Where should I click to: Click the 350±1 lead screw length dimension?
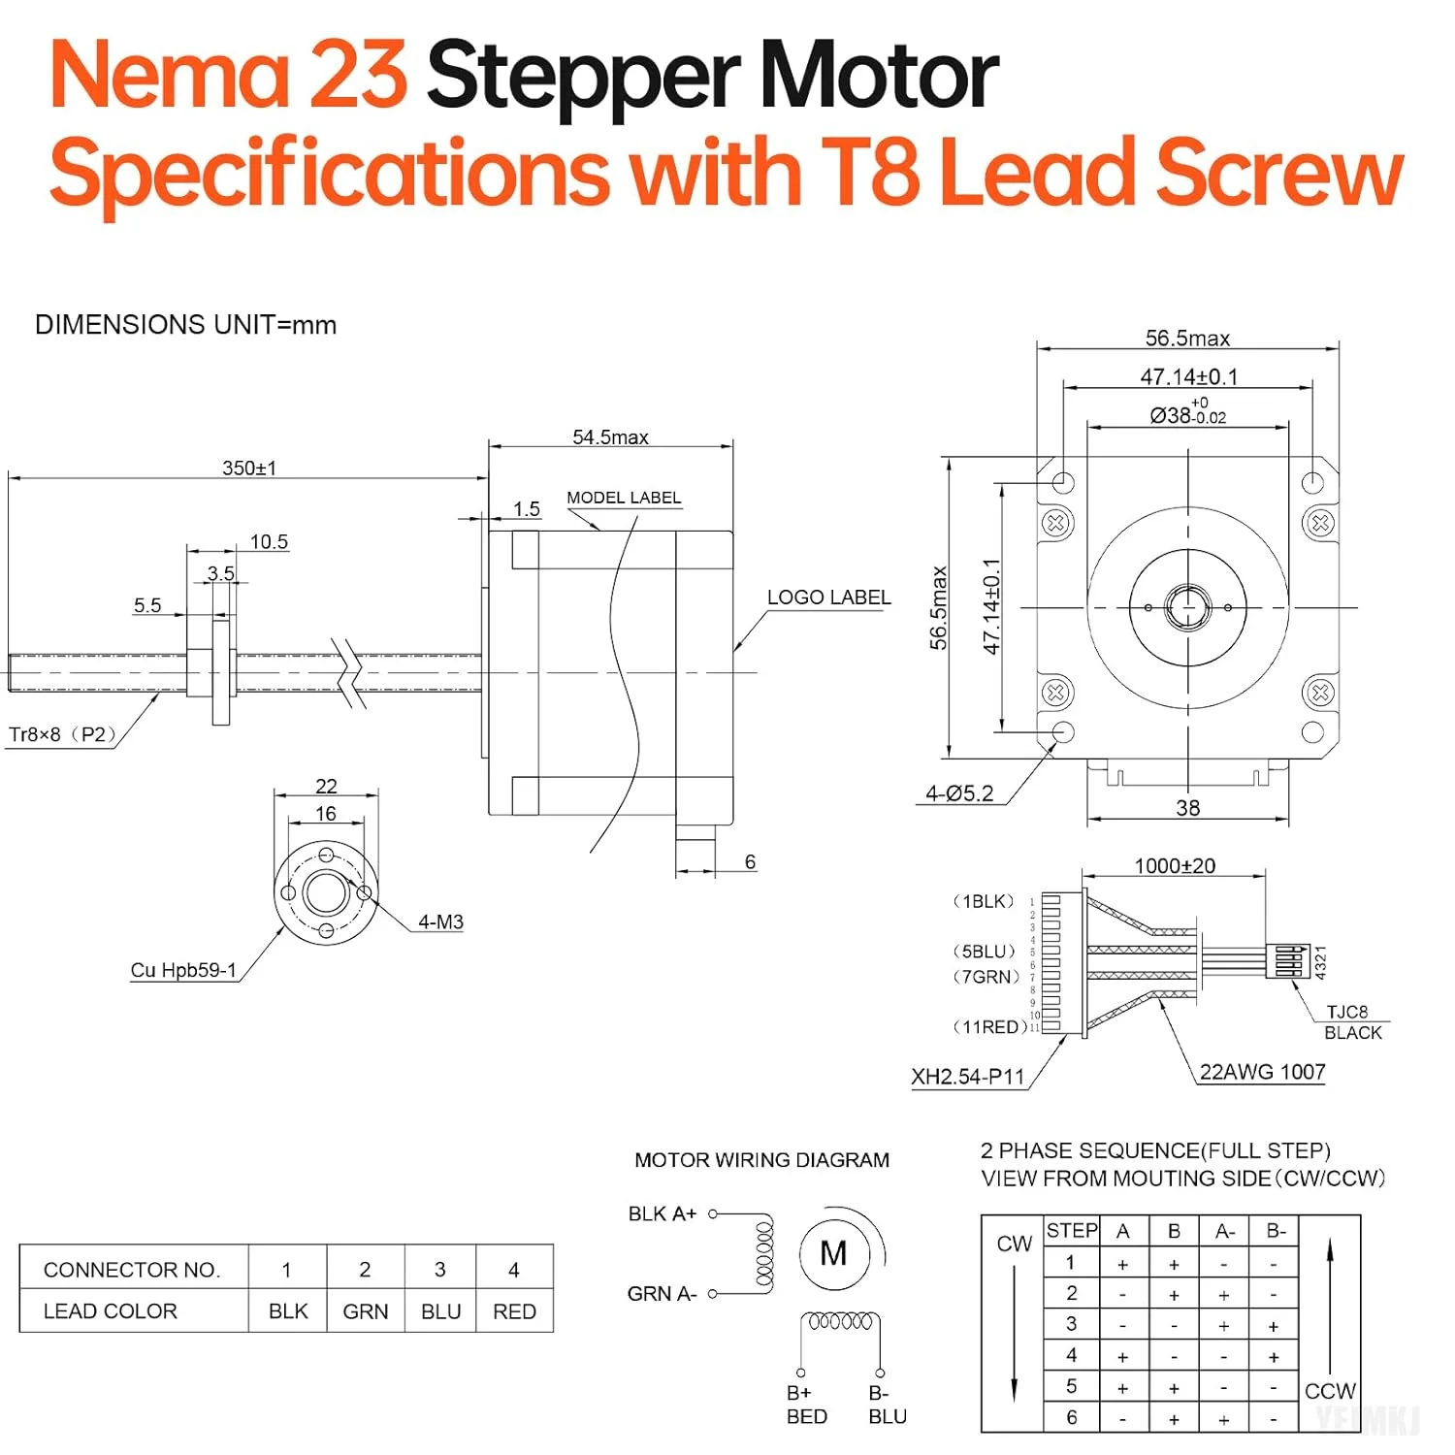249,468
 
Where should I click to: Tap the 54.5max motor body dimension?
610,436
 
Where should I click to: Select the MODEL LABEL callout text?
624,498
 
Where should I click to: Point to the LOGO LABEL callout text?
828,598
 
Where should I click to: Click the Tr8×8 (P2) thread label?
62,734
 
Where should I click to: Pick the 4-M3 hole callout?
440,921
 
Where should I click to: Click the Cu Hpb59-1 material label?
183,970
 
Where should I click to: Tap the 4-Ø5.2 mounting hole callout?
959,793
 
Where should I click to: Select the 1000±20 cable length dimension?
1175,866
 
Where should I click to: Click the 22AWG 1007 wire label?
1262,1072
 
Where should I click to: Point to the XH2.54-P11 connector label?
967,1077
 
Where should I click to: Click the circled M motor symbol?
833,1254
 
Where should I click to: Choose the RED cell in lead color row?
514,1311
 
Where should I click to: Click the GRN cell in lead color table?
365,1311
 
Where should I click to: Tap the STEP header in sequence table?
1072,1231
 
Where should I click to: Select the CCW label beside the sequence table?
1330,1391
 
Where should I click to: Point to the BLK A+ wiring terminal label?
663,1213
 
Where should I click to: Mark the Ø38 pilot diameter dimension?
1187,415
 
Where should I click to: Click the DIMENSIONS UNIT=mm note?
185,325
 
